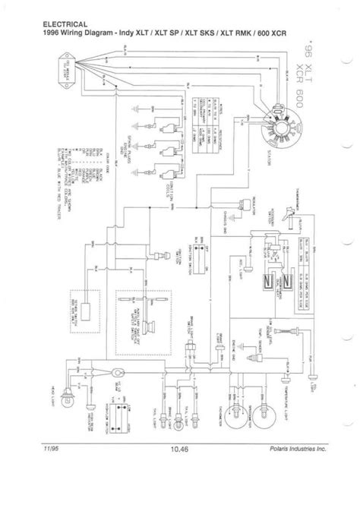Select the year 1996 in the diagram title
pyautogui.click(x=46, y=33)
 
